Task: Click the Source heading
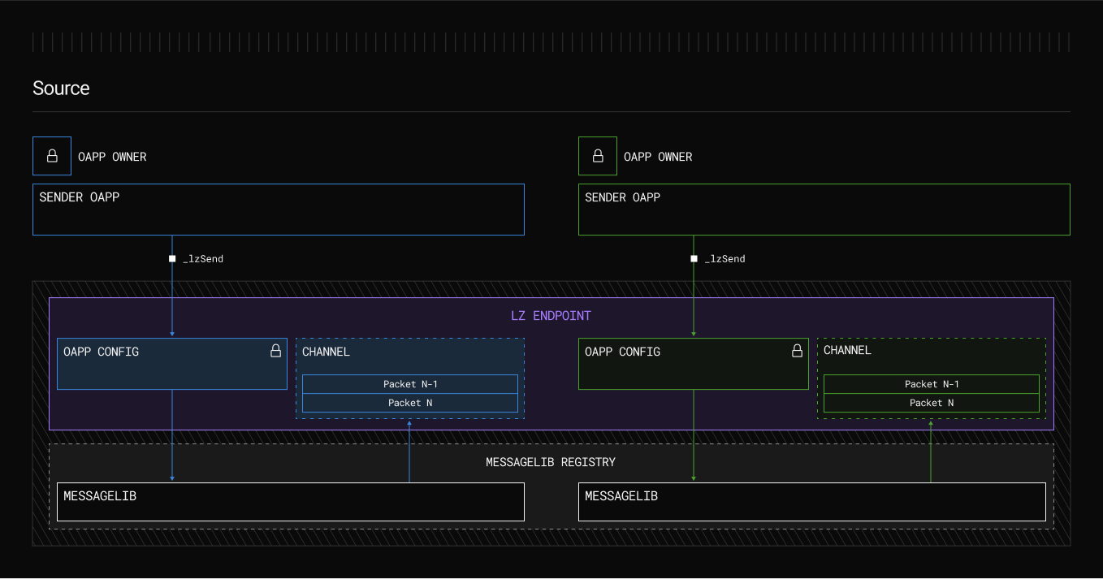[61, 88]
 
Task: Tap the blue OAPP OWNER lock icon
[52, 156]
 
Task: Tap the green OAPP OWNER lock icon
[598, 156]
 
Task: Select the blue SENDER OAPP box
[278, 210]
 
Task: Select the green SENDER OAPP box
[824, 210]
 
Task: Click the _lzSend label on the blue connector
[203, 259]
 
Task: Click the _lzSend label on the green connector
[725, 259]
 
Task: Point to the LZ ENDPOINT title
[551, 316]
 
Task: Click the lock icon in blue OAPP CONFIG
[275, 351]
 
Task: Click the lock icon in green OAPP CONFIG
[797, 351]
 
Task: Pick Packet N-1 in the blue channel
[410, 384]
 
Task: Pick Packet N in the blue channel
[410, 403]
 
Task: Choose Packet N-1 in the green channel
[932, 384]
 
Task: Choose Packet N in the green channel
[932, 403]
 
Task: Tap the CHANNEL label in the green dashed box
[847, 351]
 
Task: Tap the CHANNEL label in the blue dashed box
[326, 352]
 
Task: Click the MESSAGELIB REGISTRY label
[551, 462]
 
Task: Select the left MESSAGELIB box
[290, 502]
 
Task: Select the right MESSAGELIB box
[811, 502]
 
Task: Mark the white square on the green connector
[694, 259]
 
